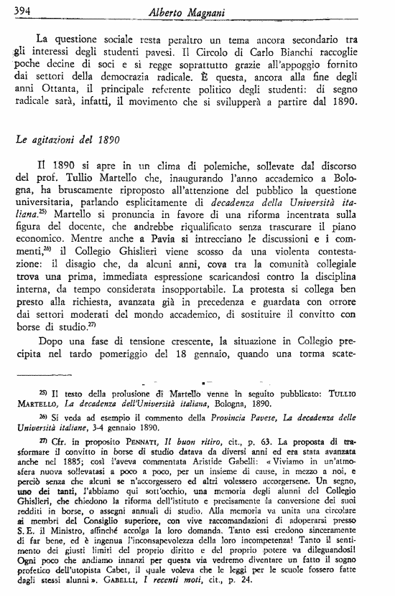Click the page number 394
click(24, 9)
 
